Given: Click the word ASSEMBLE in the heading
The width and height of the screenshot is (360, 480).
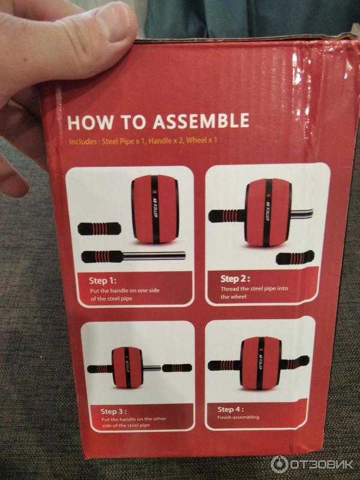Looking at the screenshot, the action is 201,121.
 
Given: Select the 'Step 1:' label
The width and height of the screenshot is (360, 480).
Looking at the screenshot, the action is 103,281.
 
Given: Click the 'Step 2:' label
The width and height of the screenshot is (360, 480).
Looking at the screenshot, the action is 235,279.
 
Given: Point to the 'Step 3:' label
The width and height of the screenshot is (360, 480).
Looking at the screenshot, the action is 113,412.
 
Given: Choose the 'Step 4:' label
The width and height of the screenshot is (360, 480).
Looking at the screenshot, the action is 230,409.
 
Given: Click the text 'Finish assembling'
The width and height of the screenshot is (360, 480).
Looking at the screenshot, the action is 238,417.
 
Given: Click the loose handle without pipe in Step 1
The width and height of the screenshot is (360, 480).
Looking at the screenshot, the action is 99,229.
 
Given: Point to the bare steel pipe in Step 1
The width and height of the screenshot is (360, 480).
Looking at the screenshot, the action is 154,256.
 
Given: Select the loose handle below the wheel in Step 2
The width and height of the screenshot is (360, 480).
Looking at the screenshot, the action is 295,258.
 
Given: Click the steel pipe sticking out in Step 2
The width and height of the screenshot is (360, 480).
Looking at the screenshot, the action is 302,213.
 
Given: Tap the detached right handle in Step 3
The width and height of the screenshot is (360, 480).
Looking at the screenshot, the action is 177,368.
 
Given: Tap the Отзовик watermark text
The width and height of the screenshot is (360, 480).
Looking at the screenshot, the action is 321,464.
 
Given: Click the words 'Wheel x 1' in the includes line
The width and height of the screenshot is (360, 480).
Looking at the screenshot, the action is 202,140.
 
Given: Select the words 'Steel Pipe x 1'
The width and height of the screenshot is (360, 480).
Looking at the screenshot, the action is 124,142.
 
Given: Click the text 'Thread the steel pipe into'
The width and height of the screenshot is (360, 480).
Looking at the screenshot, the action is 254,289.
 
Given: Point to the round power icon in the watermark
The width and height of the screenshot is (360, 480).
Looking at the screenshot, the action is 279,464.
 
